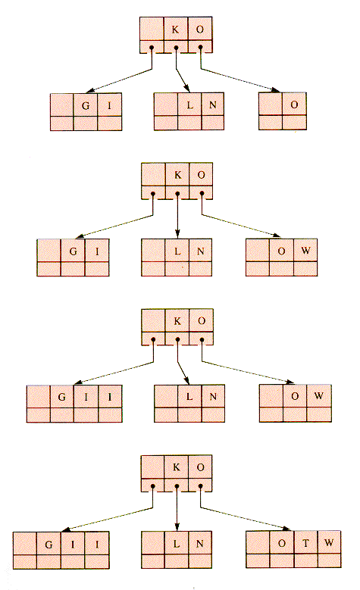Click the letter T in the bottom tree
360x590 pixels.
click(x=305, y=543)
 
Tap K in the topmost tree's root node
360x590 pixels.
click(x=176, y=30)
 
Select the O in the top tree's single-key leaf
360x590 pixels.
click(x=294, y=105)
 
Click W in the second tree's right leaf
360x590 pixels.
click(x=305, y=250)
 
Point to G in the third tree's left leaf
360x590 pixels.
click(x=61, y=397)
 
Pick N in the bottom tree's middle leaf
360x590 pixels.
click(x=199, y=544)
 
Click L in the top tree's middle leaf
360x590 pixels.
click(x=190, y=105)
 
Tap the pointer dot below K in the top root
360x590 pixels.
click(x=176, y=48)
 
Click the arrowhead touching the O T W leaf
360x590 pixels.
click(x=286, y=529)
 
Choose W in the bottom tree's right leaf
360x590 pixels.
click(x=329, y=542)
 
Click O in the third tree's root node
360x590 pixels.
click(x=202, y=321)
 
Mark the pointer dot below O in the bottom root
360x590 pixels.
click(x=200, y=485)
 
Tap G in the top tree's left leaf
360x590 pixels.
click(x=86, y=106)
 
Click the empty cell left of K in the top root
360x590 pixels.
click(x=152, y=29)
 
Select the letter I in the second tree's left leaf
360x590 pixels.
click(x=97, y=251)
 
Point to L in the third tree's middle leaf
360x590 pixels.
click(x=189, y=397)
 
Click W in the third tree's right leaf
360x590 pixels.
click(x=318, y=396)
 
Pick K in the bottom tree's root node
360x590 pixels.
click(x=177, y=467)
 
